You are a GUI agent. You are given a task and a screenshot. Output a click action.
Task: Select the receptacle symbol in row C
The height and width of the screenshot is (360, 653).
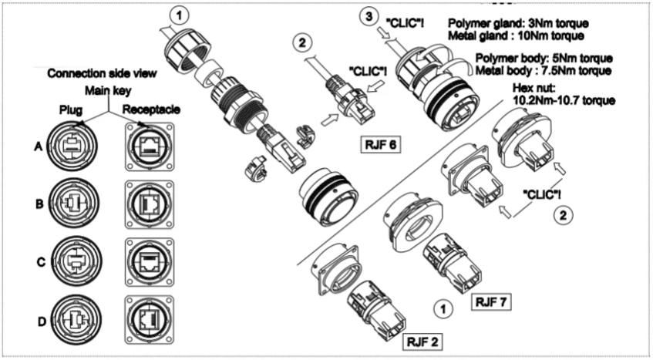pyautogui.click(x=146, y=261)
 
